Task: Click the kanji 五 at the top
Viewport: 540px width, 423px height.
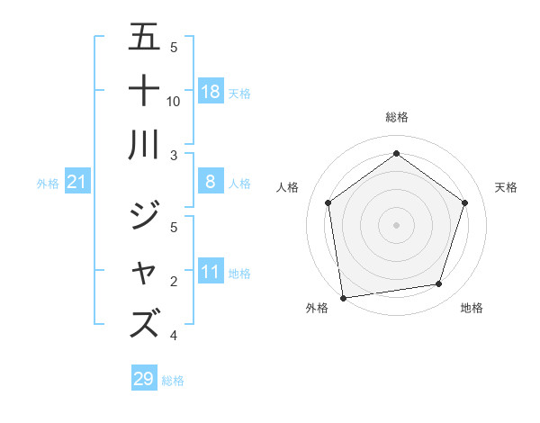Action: click(x=144, y=39)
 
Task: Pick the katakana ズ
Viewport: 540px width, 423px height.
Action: click(x=144, y=322)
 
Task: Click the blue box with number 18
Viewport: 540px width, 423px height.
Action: click(x=211, y=92)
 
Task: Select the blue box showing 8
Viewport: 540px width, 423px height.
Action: click(x=211, y=183)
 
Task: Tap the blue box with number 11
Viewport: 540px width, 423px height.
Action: click(x=211, y=272)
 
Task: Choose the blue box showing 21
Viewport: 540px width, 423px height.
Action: click(x=76, y=183)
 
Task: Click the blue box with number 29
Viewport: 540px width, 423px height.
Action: click(x=144, y=379)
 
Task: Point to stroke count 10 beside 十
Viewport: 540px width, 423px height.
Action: click(x=174, y=101)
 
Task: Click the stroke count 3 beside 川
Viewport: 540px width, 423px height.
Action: click(x=173, y=156)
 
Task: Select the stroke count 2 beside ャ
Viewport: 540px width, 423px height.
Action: click(x=173, y=282)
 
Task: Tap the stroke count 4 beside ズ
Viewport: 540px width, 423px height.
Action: click(x=173, y=336)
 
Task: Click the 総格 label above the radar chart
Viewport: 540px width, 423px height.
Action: click(x=397, y=117)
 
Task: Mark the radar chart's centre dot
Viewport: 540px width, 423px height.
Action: click(x=397, y=224)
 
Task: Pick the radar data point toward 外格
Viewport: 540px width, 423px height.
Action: click(x=343, y=297)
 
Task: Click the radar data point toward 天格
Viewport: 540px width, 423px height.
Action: click(x=464, y=202)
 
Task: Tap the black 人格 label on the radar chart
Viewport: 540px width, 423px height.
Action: click(x=288, y=187)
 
